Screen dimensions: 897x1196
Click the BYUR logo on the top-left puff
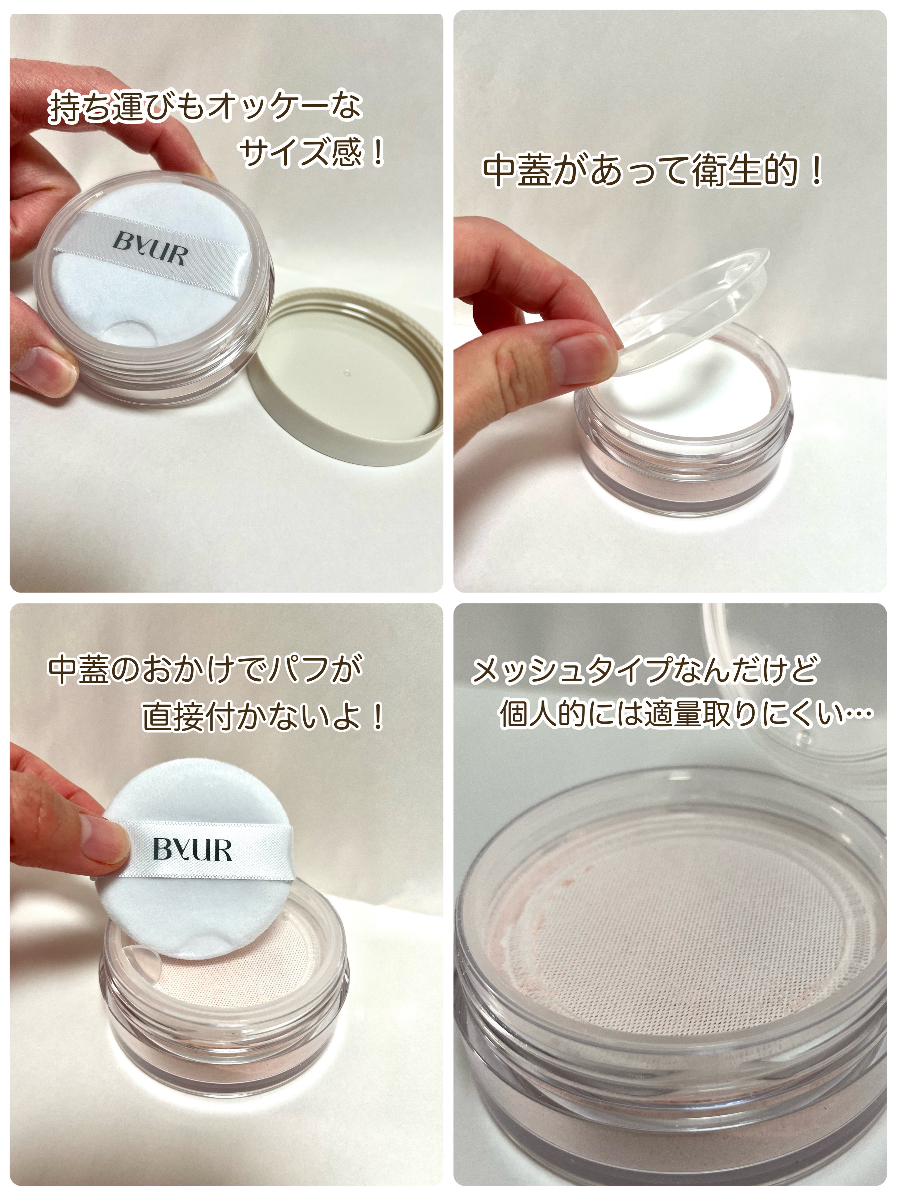point(149,250)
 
